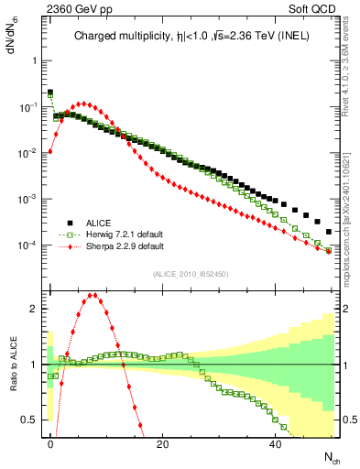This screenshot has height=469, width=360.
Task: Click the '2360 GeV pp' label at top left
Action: point(64,8)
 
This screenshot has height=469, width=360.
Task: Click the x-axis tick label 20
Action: point(162,443)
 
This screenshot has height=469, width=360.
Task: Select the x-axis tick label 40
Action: point(276,443)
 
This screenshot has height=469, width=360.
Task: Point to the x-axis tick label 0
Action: point(50,443)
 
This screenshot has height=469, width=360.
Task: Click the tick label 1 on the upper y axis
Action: point(35,60)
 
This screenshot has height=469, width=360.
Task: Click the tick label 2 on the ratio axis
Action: point(35,309)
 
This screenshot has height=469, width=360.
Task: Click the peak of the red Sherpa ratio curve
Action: point(93,295)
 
